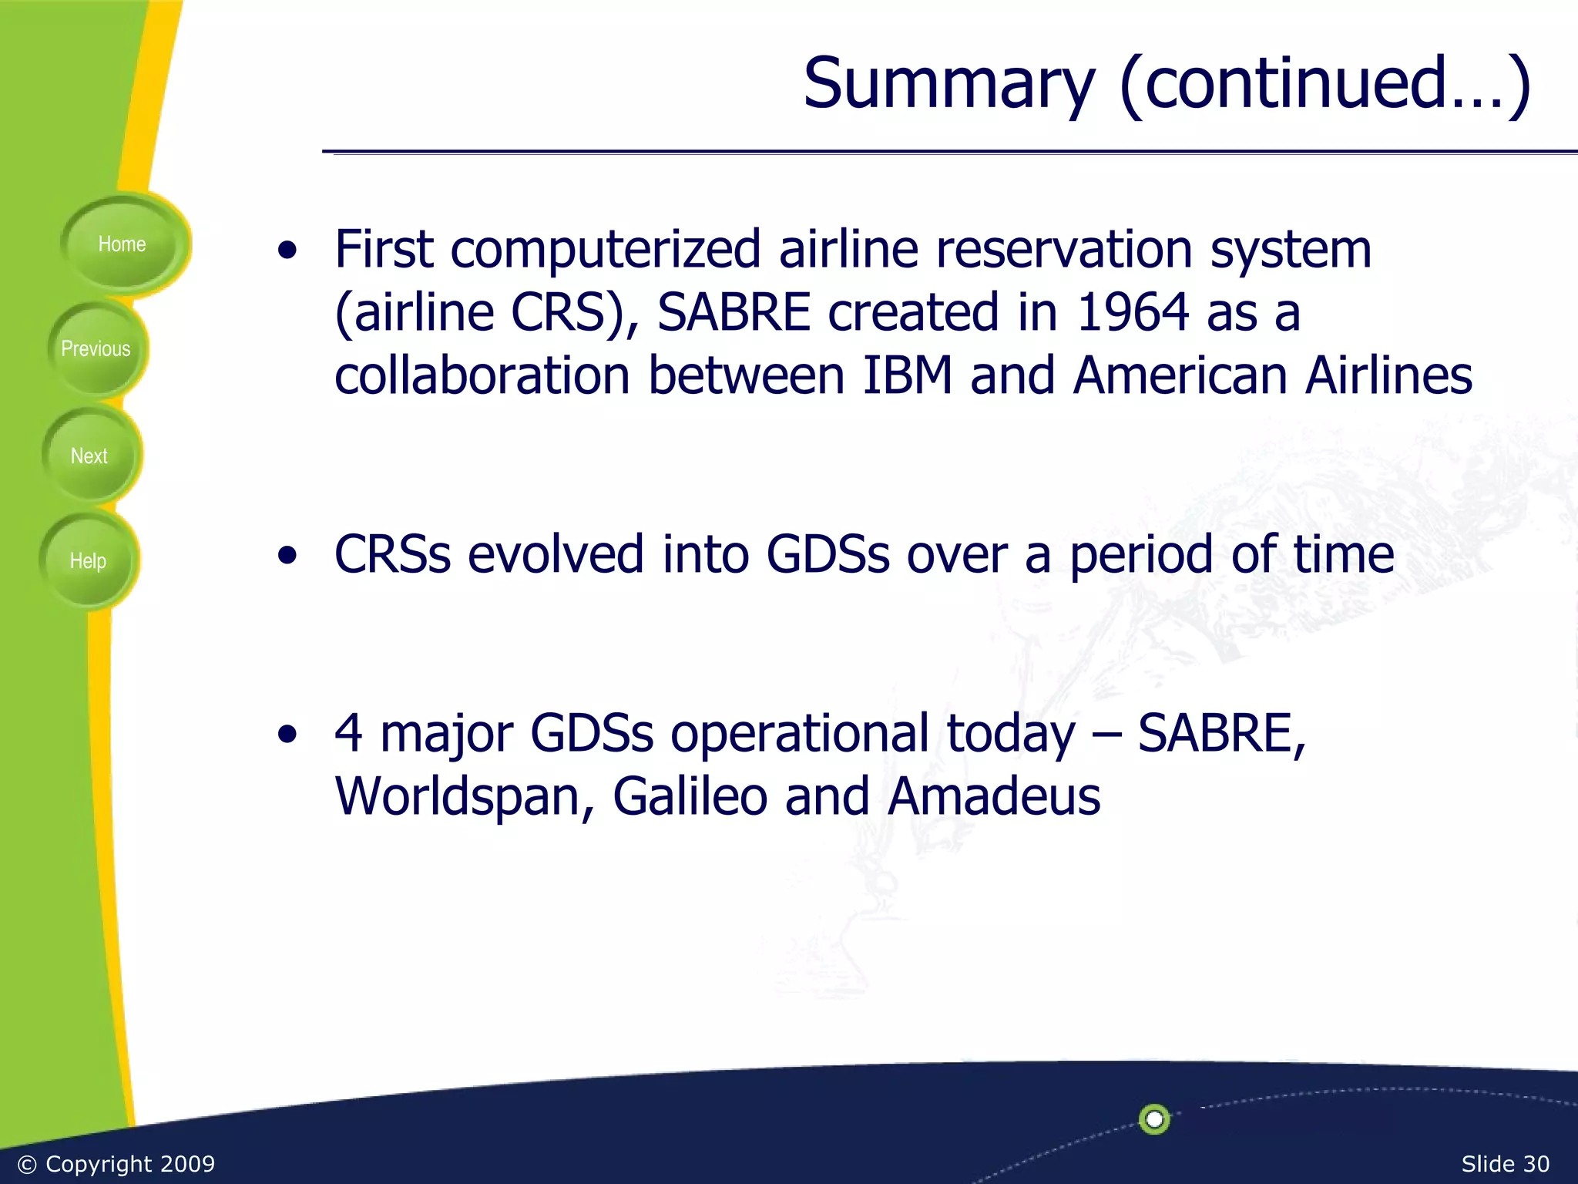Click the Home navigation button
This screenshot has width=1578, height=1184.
pos(122,244)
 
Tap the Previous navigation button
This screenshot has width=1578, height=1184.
pos(96,349)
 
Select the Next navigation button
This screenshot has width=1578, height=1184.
pos(89,456)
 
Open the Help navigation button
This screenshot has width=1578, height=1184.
pos(88,561)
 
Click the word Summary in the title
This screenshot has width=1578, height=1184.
pos(948,83)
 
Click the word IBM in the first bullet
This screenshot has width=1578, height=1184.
pos(907,375)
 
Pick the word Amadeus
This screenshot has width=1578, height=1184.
pos(993,796)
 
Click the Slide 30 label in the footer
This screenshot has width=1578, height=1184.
pos(1505,1164)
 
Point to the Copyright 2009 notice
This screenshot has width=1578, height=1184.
pos(116,1164)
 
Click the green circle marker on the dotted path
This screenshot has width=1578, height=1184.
pos(1154,1119)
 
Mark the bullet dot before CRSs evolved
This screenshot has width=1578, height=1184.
pos(287,556)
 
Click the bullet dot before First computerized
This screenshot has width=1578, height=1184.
pos(287,251)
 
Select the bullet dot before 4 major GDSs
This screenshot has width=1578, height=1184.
pos(287,735)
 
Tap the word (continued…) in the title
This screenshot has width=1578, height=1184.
pos(1325,83)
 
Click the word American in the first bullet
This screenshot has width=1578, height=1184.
pos(1180,375)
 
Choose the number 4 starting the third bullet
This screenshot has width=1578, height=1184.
pos(348,732)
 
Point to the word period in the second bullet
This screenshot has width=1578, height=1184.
pos(1141,555)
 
